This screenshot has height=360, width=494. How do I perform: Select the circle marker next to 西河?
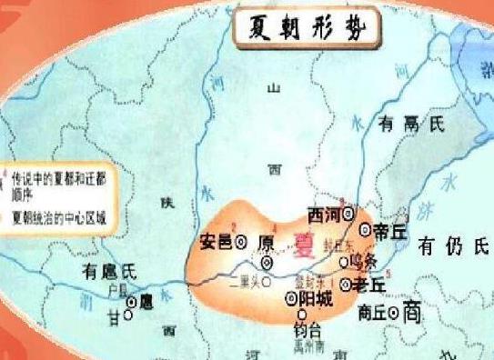pyautogui.click(x=348, y=215)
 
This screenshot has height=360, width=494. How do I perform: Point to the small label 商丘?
pyautogui.click(x=371, y=313)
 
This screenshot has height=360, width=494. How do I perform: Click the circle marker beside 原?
pyautogui.click(x=267, y=262)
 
